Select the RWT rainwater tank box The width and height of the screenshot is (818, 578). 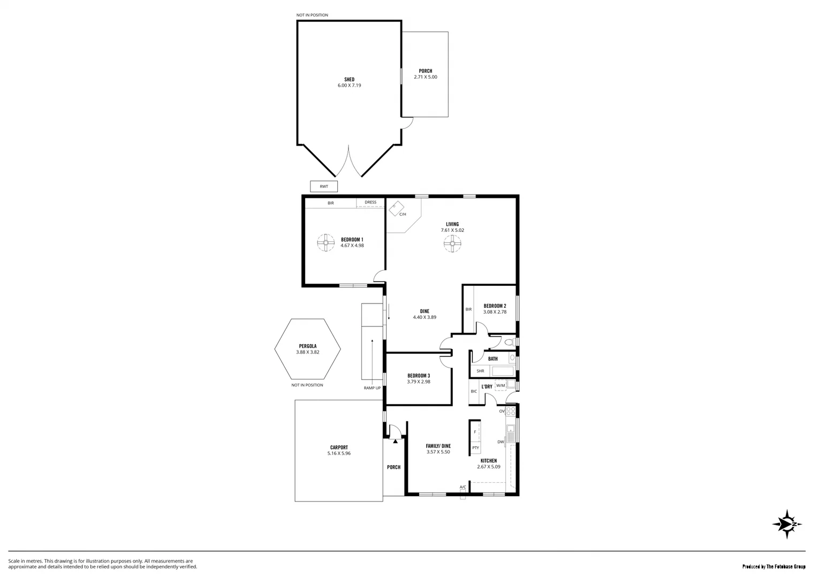pos(324,187)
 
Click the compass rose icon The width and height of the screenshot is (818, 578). pos(787,524)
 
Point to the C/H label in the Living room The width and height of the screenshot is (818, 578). pos(403,214)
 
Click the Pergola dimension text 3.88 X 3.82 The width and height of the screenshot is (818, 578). pos(307,352)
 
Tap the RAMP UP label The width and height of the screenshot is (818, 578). pos(372,387)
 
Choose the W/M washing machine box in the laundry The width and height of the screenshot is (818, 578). pos(501,385)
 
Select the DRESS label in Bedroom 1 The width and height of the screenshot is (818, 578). pos(370,202)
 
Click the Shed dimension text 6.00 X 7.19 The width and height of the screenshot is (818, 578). pos(349,85)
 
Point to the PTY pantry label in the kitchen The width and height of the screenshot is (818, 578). pos(475,448)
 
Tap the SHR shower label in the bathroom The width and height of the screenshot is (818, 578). pos(480,371)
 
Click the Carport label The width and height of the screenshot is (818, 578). pos(339,447)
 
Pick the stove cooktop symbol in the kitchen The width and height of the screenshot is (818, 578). pos(511,412)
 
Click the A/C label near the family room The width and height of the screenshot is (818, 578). pos(463,487)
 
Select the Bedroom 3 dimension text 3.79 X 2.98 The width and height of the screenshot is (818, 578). pos(418,382)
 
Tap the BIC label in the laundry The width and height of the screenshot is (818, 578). pos(474,391)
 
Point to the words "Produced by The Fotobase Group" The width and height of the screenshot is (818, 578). pos(774,566)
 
